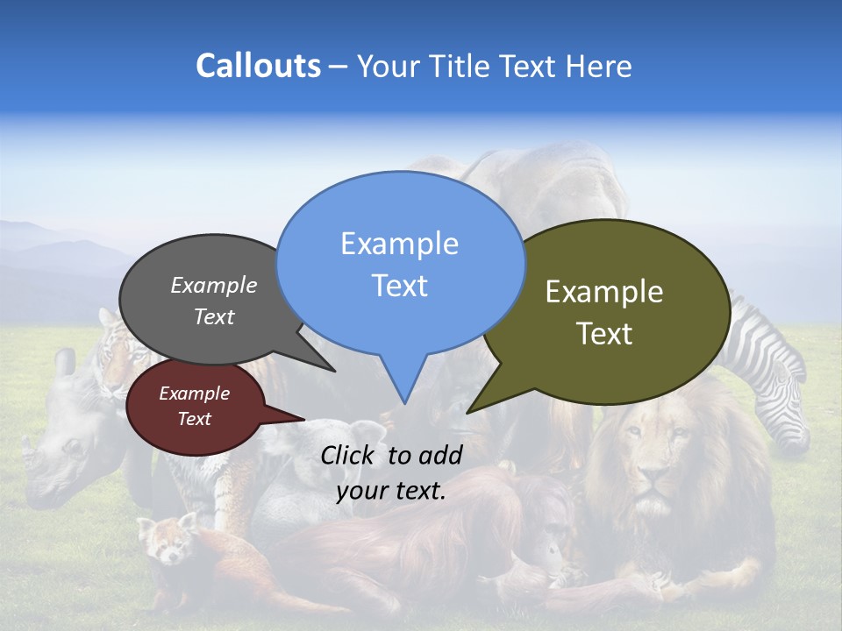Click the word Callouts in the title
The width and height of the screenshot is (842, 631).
tap(258, 66)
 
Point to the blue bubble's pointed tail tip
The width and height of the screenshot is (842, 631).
tap(404, 403)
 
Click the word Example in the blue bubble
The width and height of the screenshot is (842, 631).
tap(399, 243)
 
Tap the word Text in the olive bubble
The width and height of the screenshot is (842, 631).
tap(605, 334)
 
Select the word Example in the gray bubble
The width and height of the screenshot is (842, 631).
tap(213, 285)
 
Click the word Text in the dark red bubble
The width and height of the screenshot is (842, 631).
tap(194, 419)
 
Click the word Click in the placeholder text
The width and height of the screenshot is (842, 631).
tap(350, 454)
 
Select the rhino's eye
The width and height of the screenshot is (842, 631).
tap(69, 446)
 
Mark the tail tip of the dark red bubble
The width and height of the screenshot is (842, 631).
tap(304, 419)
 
